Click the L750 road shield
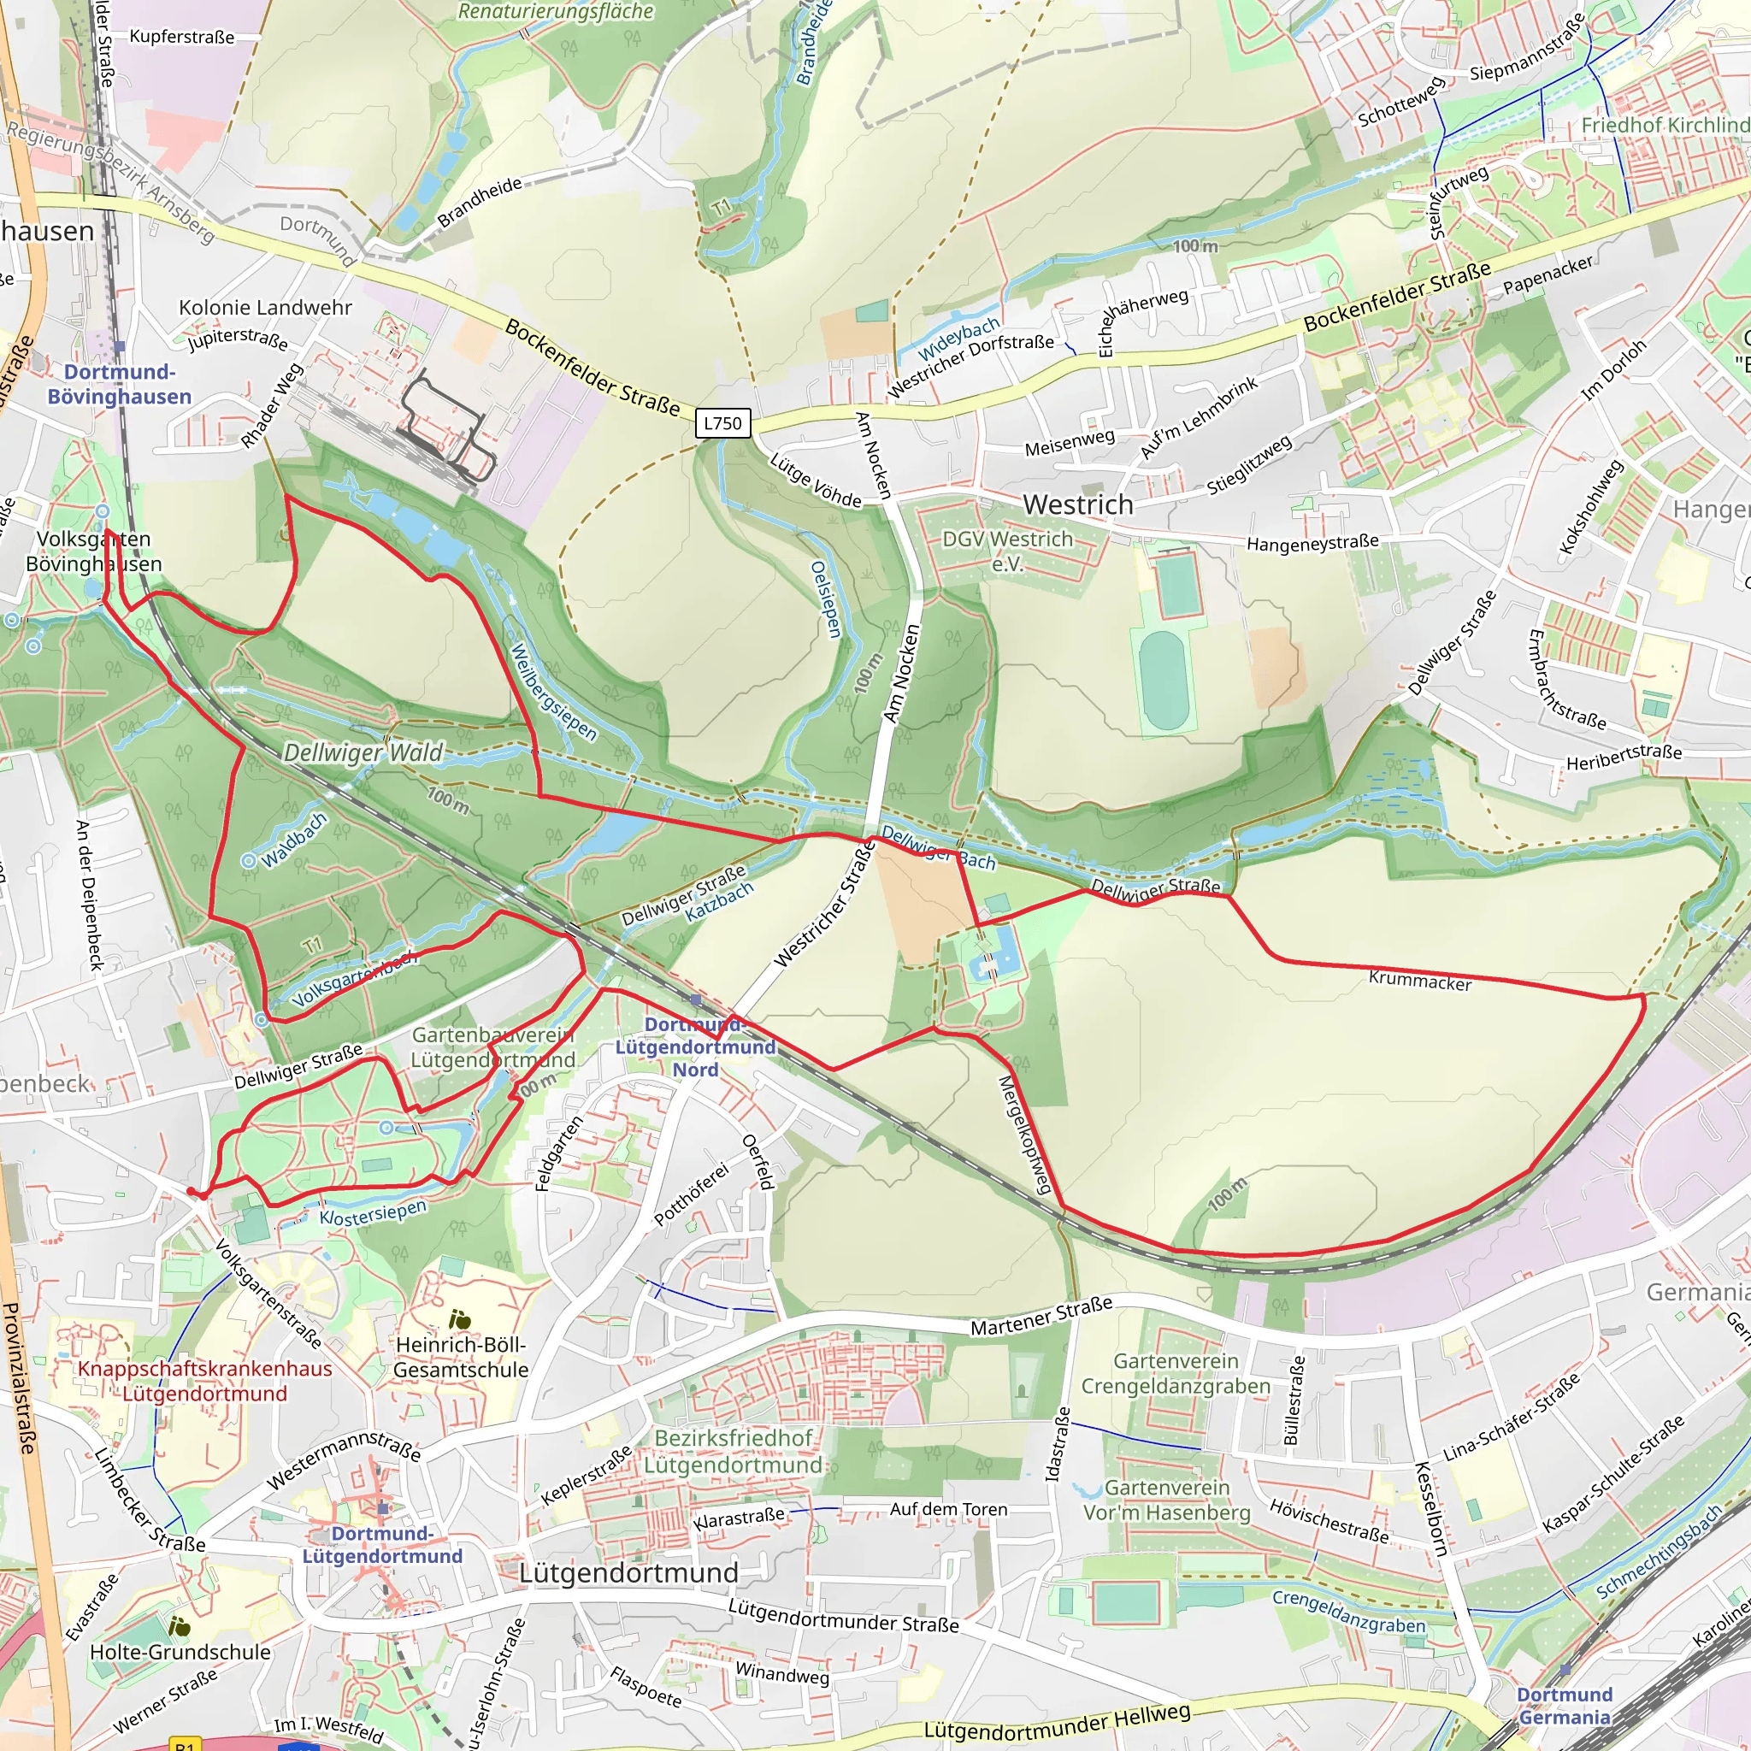(722, 423)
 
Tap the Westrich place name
(1077, 504)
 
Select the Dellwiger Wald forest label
(363, 752)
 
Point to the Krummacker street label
(1419, 981)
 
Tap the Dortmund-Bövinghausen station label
(120, 384)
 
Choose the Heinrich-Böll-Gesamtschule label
(461, 1357)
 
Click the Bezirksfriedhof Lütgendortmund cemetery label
(734, 1451)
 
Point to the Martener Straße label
(1041, 1316)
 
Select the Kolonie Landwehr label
(265, 307)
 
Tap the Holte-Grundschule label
(180, 1652)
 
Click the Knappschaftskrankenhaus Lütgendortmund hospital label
(205, 1380)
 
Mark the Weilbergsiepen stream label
(553, 691)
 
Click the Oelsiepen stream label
(826, 599)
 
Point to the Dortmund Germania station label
(1565, 1706)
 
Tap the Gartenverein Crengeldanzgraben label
(1176, 1373)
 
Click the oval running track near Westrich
(1164, 680)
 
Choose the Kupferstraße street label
(181, 37)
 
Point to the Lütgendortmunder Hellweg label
(1057, 1720)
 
